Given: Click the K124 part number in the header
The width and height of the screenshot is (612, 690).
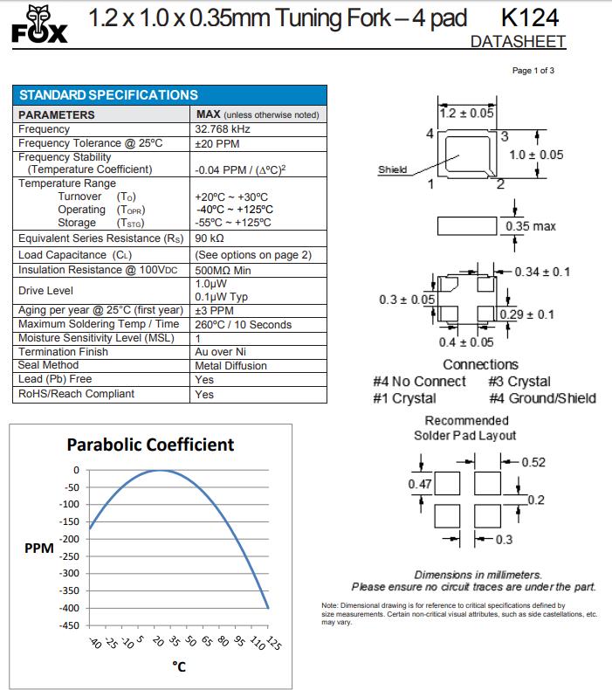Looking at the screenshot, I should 531,17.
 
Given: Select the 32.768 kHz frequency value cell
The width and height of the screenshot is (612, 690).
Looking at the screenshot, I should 223,129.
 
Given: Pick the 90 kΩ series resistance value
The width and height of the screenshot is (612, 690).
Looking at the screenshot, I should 210,238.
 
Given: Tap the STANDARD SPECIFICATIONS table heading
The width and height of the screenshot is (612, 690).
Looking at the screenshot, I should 108,95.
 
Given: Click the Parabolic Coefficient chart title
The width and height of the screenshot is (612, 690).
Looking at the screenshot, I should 150,445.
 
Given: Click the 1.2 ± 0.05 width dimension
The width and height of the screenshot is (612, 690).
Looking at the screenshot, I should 466,113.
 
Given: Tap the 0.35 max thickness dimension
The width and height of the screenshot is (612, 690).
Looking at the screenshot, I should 531,227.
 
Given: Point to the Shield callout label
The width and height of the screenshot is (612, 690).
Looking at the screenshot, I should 392,169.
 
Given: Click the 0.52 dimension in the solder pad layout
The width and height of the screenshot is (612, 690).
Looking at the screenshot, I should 533,463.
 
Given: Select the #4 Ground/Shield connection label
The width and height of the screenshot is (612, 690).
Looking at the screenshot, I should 542,398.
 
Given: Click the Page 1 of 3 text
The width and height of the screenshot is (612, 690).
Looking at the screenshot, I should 533,71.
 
